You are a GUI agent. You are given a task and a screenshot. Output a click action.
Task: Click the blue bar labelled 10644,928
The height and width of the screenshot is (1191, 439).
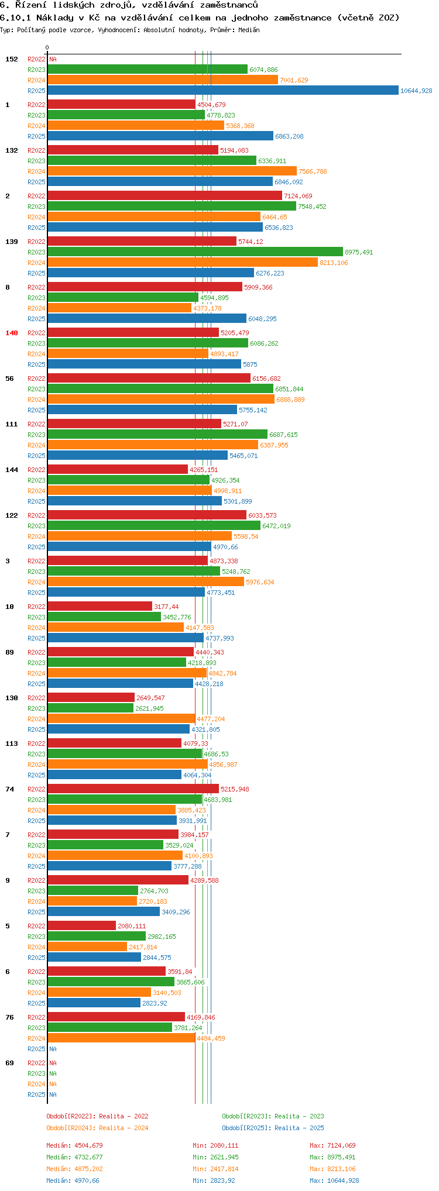222,91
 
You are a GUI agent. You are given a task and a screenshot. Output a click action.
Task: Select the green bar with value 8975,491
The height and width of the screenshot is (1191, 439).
195,252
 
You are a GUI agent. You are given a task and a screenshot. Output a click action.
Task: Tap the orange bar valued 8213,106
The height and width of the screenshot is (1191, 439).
182,263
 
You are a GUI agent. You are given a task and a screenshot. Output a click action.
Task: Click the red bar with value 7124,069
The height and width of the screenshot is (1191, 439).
164,196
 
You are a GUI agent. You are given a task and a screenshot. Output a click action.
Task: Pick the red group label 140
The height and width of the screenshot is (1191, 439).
12,333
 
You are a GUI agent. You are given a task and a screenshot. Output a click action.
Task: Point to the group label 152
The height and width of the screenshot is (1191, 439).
12,59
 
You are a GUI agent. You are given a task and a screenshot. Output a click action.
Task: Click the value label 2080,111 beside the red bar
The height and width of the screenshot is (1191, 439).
132,926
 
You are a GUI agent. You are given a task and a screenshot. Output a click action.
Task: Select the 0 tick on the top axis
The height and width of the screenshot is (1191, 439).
47,48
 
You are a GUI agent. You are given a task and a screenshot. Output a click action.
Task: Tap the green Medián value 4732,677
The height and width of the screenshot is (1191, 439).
88,1157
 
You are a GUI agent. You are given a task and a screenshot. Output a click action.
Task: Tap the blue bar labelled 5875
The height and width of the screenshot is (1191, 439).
144,364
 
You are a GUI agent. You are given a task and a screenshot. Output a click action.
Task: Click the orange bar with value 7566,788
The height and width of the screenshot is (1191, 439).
172,171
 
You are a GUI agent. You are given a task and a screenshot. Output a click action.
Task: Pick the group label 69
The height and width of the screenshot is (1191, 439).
10,1063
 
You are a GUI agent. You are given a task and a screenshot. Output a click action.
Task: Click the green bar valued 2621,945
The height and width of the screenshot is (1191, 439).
90,708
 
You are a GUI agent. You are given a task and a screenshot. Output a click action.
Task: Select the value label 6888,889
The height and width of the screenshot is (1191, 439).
290,400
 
